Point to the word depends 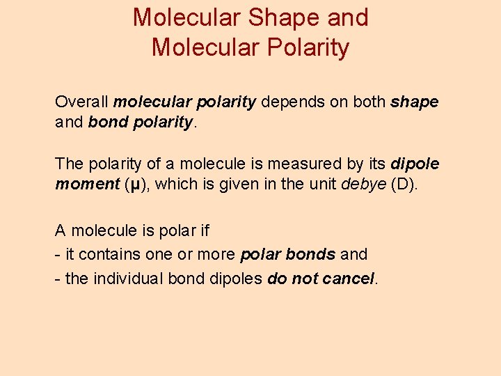pos(292,102)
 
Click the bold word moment pos(86,185)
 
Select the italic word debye pos(365,185)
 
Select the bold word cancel pos(346,279)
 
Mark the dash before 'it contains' pos(58,254)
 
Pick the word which pos(180,185)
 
